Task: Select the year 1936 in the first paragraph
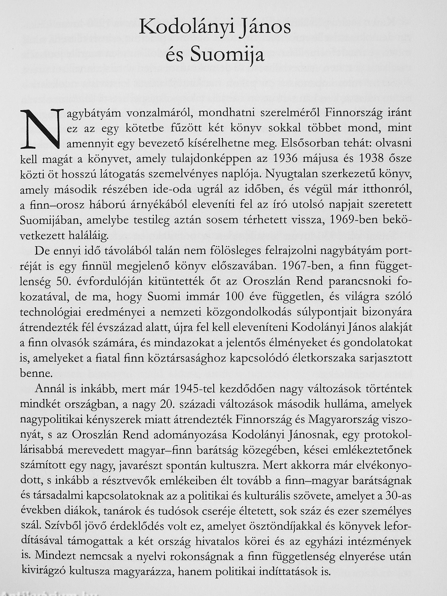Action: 284,159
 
